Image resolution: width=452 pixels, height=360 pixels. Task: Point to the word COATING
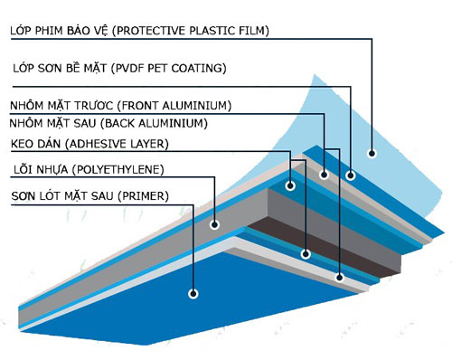(x=199, y=68)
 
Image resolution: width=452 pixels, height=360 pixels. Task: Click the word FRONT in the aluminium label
(x=137, y=106)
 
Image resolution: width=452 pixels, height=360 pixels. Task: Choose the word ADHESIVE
(x=97, y=144)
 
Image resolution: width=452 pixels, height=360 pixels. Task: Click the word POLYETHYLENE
(x=118, y=169)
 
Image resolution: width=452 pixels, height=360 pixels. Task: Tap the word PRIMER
(x=143, y=196)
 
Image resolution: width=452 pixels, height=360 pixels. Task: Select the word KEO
(x=22, y=144)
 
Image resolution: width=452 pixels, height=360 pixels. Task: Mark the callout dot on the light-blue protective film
(x=372, y=153)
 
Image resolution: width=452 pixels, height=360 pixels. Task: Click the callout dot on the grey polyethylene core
(x=214, y=224)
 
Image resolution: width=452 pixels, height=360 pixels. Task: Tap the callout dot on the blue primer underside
(x=193, y=293)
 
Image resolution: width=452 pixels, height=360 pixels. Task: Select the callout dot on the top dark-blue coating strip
(x=350, y=175)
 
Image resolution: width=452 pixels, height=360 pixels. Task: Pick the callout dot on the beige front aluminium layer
(x=324, y=175)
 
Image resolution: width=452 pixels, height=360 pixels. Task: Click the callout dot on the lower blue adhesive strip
(x=306, y=254)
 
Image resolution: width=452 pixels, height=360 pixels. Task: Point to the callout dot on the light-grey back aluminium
(x=340, y=277)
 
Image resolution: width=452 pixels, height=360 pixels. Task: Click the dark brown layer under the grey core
(x=324, y=247)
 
